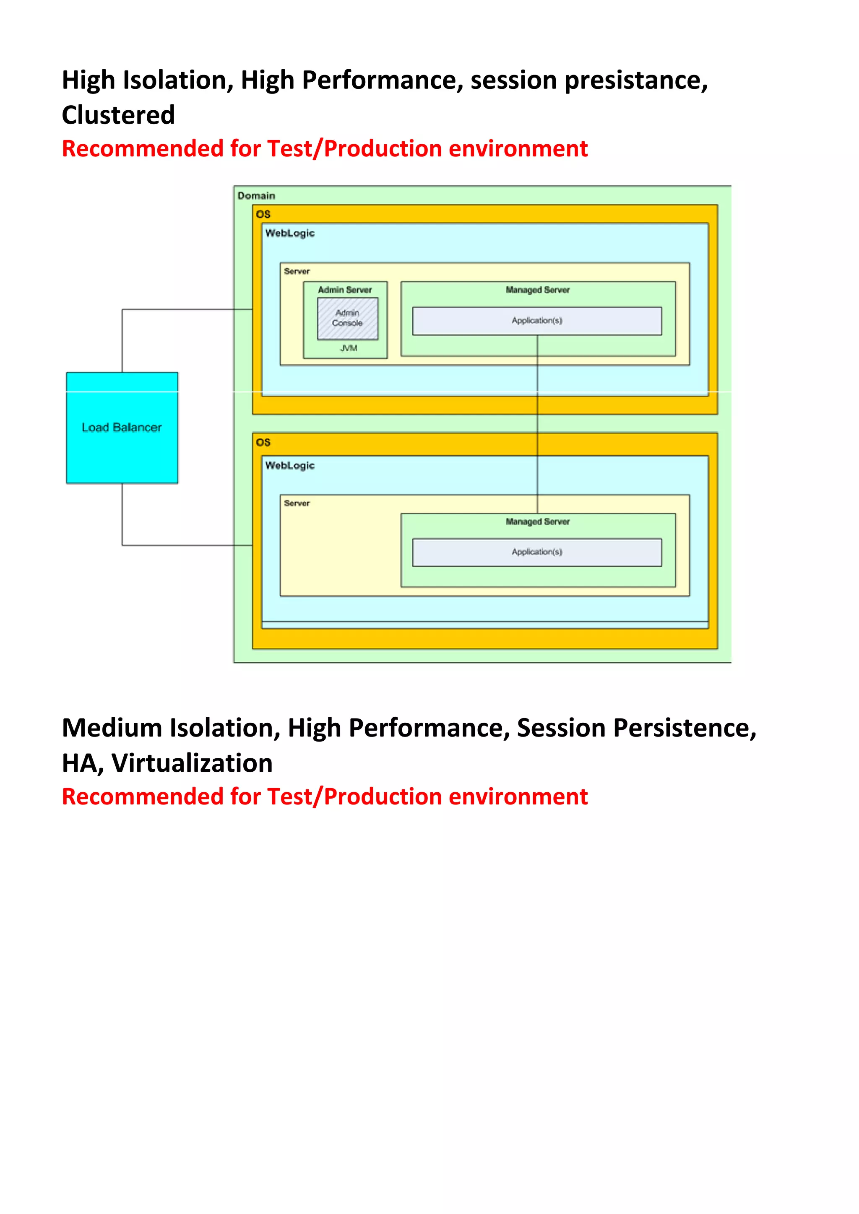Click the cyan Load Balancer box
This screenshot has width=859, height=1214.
tap(122, 427)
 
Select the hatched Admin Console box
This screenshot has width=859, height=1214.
tap(348, 318)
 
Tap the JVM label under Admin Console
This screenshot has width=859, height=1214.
tap(349, 348)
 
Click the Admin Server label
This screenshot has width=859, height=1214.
tap(345, 290)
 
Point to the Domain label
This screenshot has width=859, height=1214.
tap(256, 196)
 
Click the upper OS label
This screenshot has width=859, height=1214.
tap(263, 214)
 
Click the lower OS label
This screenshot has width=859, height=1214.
tap(263, 442)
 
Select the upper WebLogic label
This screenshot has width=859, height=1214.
tap(290, 233)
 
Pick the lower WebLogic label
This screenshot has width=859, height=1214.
tap(290, 465)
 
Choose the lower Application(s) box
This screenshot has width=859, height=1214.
tap(537, 552)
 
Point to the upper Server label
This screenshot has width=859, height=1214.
tap(297, 271)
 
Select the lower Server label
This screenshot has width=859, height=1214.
tap(297, 503)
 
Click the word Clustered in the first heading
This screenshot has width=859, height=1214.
tap(118, 115)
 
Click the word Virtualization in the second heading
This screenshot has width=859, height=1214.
tap(193, 763)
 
